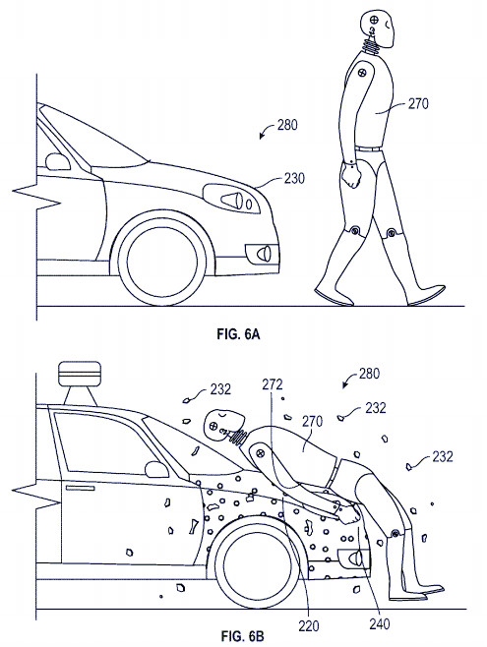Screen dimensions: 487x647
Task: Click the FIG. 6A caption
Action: pos(238,333)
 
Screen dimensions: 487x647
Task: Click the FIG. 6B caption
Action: pos(242,636)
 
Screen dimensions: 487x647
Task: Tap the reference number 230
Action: pos(294,178)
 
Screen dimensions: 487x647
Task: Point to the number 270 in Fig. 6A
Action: pos(418,103)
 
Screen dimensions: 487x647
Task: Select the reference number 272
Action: pos(273,384)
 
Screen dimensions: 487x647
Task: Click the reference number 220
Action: pos(309,626)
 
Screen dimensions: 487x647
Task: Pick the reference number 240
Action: pos(380,623)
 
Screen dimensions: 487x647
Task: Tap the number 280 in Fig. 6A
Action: pos(287,125)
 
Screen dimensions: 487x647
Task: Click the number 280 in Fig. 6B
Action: pos(369,374)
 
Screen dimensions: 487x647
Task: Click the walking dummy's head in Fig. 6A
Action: pos(378,29)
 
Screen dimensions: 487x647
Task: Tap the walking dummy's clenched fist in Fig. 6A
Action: pos(351,175)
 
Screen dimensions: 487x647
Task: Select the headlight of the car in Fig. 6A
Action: pos(232,199)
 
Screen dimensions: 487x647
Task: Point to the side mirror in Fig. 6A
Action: pos(58,161)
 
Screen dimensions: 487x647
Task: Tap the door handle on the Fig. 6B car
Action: pos(80,488)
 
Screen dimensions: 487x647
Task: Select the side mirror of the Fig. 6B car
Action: pos(156,470)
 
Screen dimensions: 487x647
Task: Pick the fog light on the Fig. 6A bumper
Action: pos(262,254)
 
